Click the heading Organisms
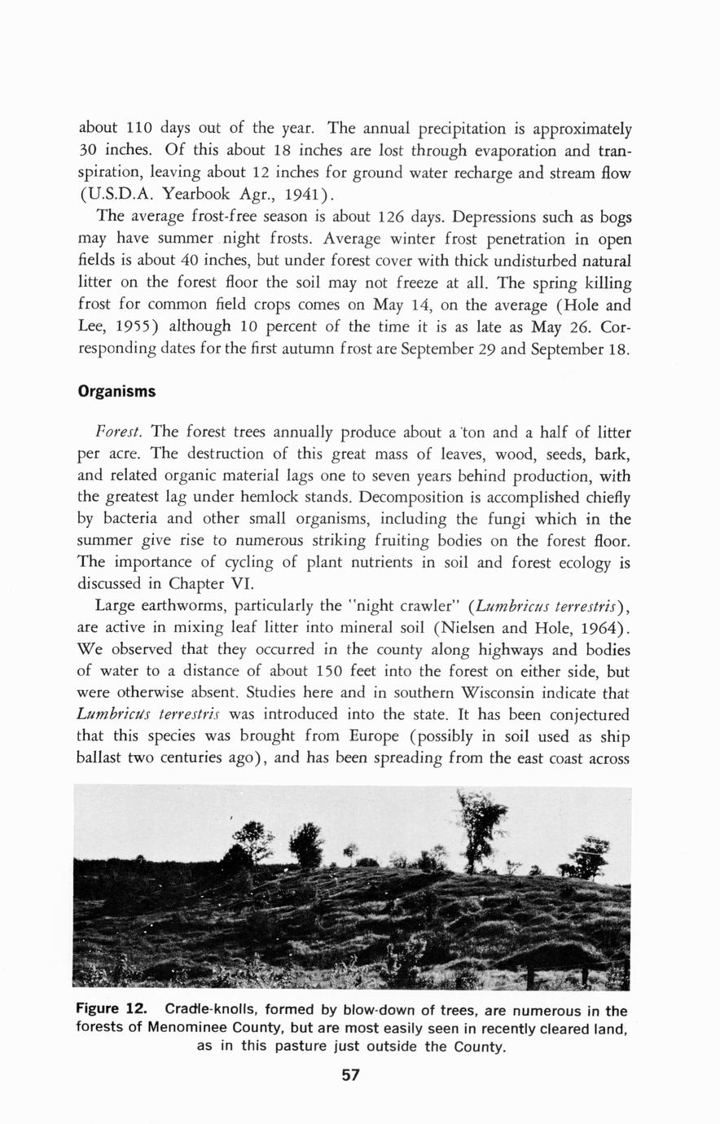pos(116,392)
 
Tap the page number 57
pos(350,1075)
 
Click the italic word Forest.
pos(120,431)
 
